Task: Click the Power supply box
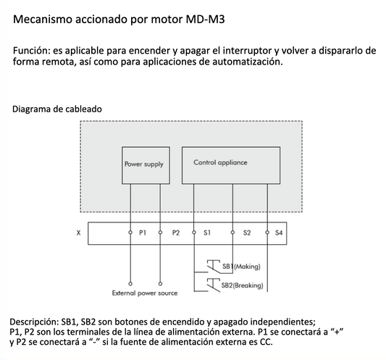click(144, 164)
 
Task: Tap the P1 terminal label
click(143, 233)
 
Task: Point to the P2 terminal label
click(176, 233)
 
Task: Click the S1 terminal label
click(208, 233)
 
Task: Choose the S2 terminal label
click(247, 233)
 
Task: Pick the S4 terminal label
click(280, 233)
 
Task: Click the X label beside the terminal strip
click(78, 233)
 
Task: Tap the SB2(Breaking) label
click(243, 285)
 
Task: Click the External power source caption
click(145, 293)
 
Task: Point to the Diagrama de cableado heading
click(57, 109)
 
